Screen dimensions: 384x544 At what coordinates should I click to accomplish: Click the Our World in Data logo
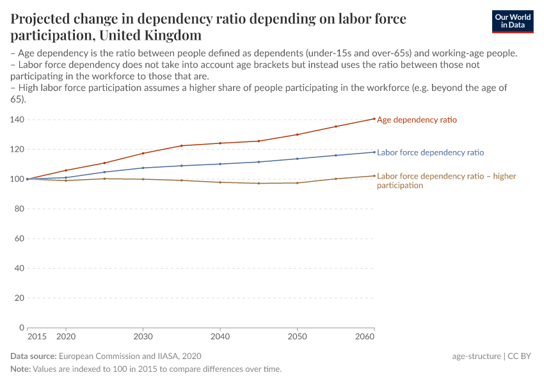512,21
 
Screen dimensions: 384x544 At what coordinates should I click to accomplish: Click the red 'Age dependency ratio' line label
417,120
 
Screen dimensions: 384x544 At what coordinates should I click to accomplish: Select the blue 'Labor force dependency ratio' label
430,153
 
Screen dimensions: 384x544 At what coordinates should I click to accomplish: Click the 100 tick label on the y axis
17,179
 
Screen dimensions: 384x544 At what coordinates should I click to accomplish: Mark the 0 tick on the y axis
22,328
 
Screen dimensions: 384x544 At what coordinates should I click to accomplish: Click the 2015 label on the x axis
36,336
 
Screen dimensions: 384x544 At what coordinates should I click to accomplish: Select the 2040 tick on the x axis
220,336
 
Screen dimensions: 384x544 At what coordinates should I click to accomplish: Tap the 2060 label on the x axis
365,336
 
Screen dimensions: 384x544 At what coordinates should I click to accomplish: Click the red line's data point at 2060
374,118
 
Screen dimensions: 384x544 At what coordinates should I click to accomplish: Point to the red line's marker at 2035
182,146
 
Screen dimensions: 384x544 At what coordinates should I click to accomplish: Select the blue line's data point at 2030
143,168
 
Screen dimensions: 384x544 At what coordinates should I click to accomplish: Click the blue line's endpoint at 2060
374,152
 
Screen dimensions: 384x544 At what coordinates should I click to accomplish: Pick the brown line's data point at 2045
259,184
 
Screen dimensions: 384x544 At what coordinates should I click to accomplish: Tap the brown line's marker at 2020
66,180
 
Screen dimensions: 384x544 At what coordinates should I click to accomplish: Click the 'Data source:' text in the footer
33,356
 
